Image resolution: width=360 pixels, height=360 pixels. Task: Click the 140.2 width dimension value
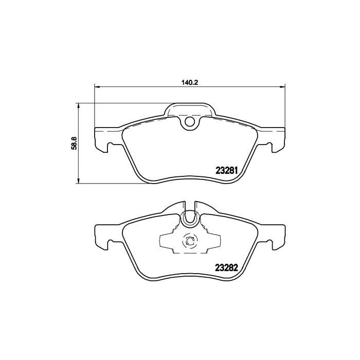tap(189, 82)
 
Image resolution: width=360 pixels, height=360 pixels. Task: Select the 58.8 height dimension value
tap(74, 142)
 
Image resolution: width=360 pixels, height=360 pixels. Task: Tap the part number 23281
tap(225, 170)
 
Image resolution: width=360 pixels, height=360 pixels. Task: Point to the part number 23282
tap(225, 267)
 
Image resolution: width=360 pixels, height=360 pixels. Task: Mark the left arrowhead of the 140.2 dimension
tap(96, 86)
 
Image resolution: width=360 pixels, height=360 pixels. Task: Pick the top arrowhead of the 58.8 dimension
tap(78, 106)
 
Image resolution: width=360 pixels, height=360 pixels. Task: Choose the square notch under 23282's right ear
tap(271, 244)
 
